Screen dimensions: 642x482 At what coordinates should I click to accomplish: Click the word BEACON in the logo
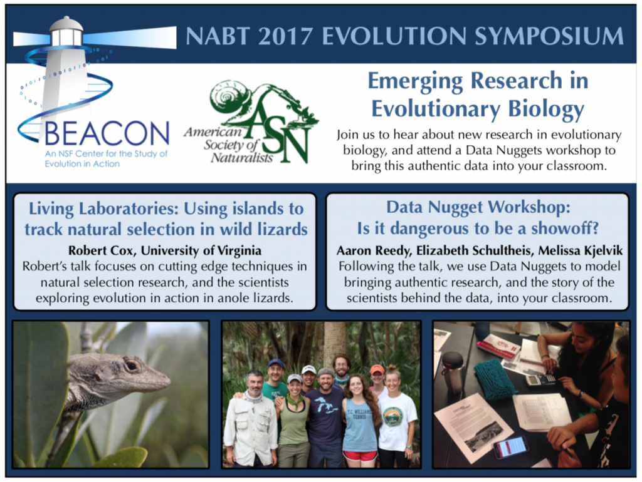point(107,134)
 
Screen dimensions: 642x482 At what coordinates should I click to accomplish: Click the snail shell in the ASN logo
point(226,98)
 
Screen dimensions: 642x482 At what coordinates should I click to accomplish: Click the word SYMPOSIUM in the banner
point(549,36)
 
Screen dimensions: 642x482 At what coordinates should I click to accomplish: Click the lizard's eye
point(132,365)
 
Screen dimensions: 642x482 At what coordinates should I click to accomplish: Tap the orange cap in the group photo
point(377,369)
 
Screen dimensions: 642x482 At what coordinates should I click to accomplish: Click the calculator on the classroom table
point(540,379)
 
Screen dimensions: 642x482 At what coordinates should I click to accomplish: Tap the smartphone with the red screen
point(510,446)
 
